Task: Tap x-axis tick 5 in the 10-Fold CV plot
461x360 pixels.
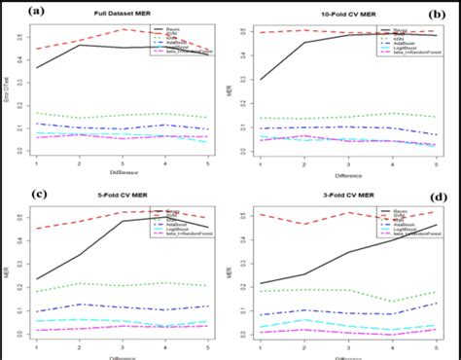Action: click(435, 165)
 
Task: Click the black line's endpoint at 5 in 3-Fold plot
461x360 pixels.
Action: click(435, 226)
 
